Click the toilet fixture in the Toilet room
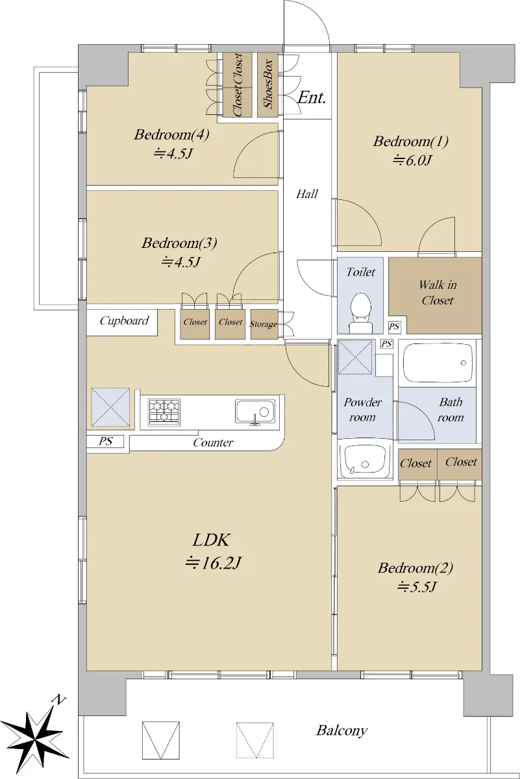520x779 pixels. point(361,313)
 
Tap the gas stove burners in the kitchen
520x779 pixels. point(164,412)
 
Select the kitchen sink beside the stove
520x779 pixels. point(255,412)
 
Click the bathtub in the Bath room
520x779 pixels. point(437,364)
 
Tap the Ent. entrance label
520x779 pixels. point(312,97)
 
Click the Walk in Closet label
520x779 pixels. point(438,293)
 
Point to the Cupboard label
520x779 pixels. point(124,321)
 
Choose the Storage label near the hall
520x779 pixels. point(264,324)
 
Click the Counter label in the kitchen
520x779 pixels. point(213,442)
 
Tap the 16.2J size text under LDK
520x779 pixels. point(213,562)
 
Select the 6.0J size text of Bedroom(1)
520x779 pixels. point(412,160)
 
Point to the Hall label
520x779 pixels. point(307,193)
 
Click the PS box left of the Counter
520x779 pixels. point(105,441)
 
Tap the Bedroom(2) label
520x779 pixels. point(415,568)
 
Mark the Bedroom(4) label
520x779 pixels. point(171,134)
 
